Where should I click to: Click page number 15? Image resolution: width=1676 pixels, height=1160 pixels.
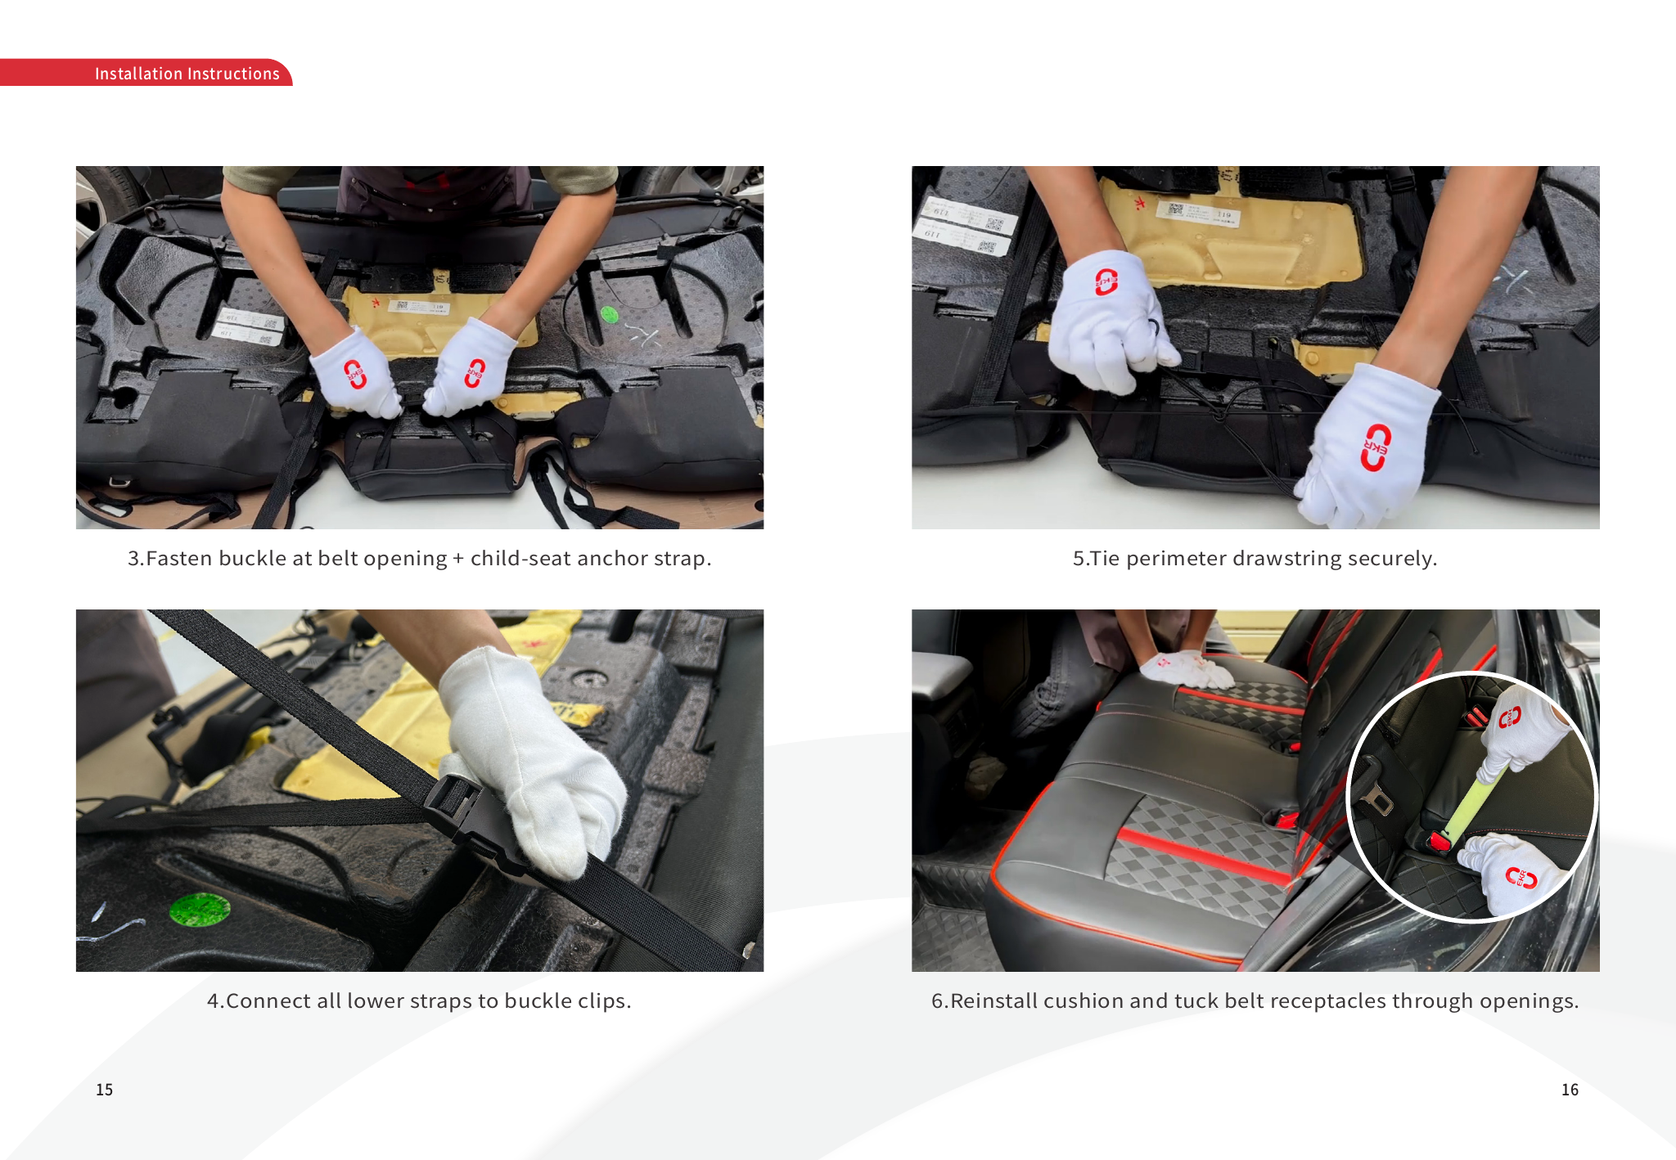(105, 1090)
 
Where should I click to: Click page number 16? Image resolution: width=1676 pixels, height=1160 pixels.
(1570, 1090)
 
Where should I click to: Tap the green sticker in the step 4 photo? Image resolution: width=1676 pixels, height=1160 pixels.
(200, 910)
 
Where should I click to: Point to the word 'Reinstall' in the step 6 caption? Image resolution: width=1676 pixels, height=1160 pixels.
(993, 1001)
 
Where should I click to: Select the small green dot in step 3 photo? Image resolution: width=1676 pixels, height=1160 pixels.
(609, 315)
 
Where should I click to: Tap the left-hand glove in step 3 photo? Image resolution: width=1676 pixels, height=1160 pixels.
(356, 373)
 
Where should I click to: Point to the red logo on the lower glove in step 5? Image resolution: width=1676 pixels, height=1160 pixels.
(1376, 447)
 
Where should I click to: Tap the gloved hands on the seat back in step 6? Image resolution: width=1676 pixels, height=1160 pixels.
(1186, 668)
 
